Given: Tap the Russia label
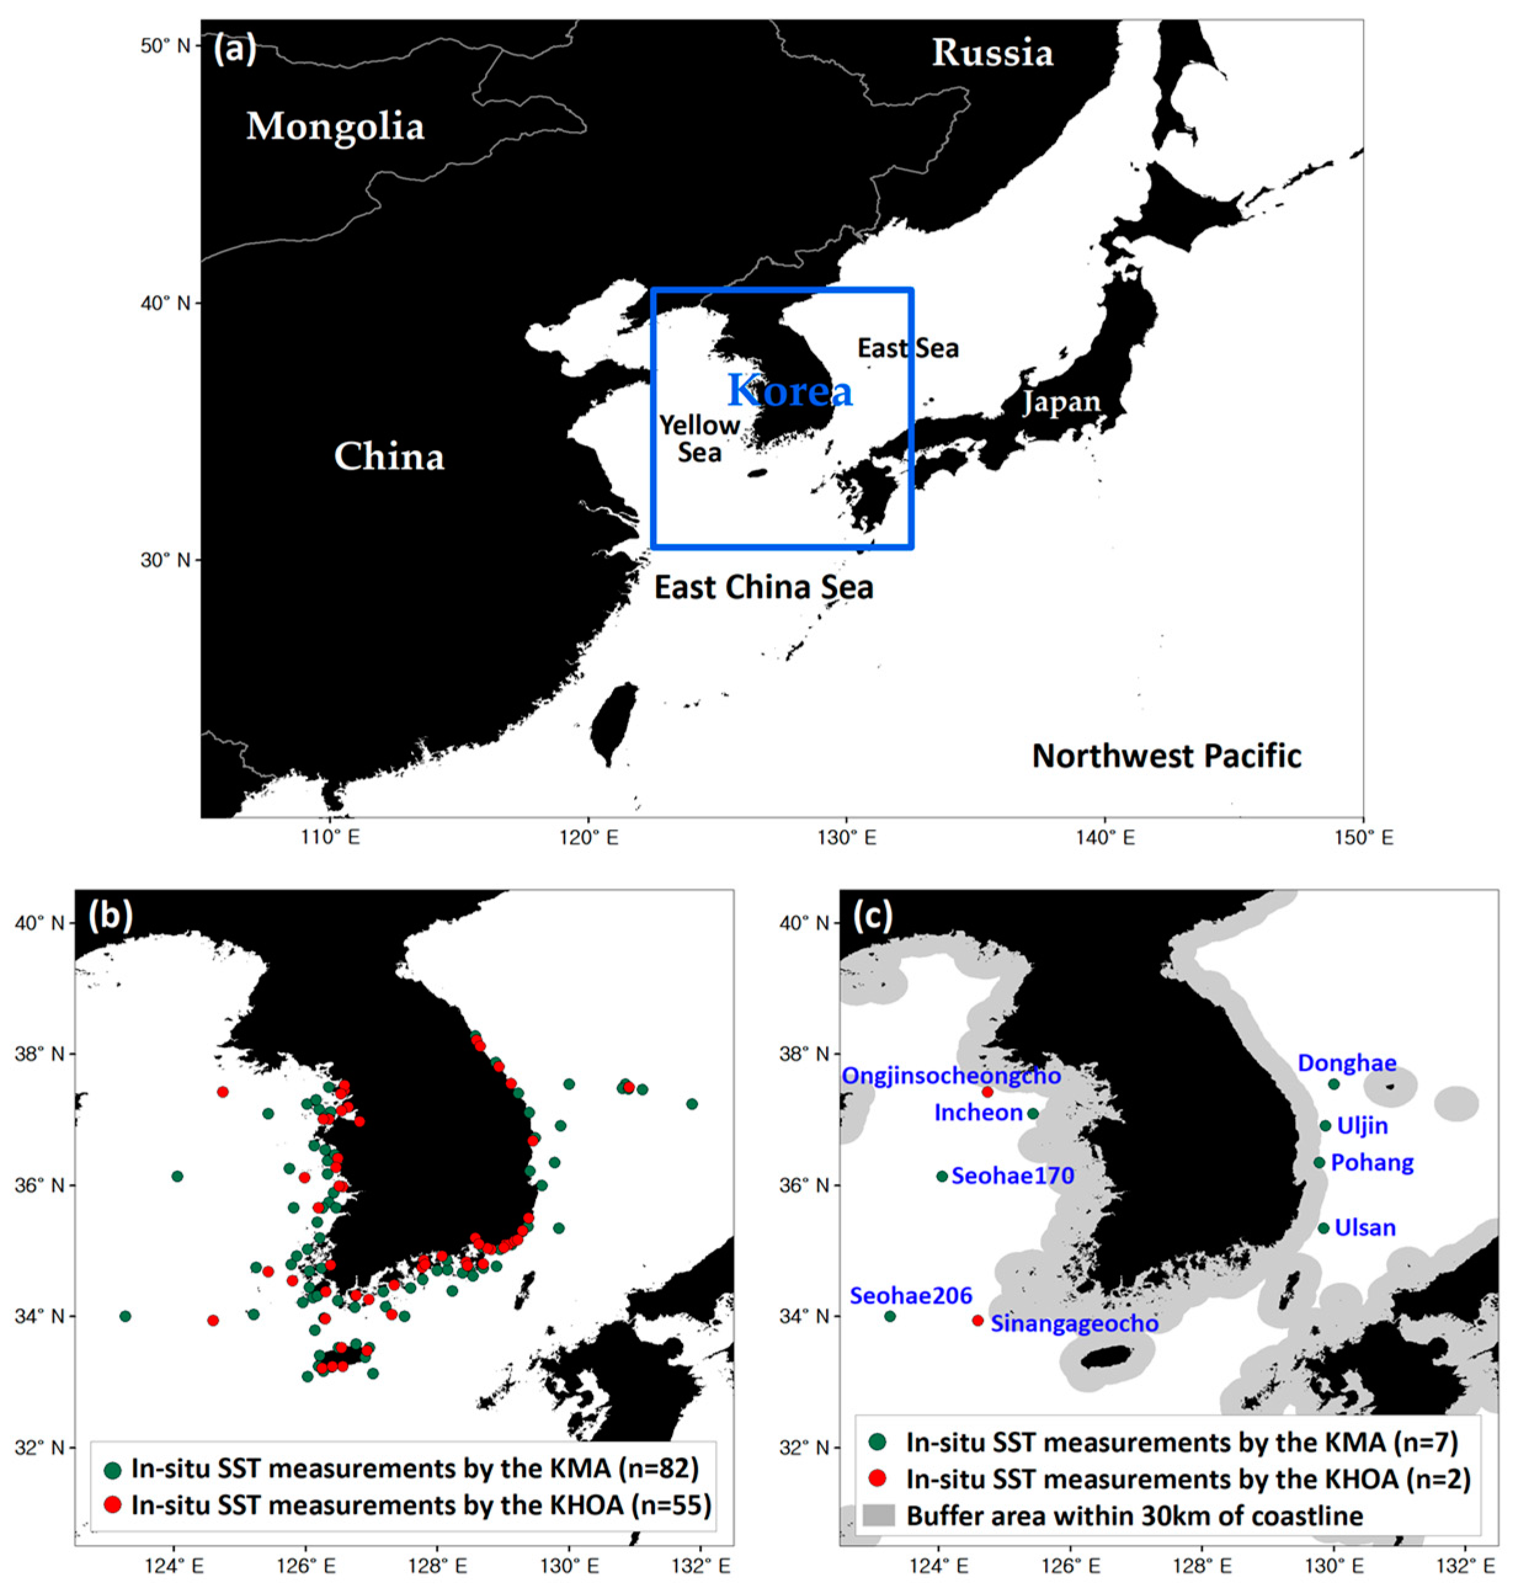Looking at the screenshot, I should point(992,54).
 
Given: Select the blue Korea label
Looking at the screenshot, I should point(790,391).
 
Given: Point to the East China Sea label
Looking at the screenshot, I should point(764,588).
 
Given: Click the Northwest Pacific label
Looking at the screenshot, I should point(1166,757).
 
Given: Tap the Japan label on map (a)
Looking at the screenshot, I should point(1061,402).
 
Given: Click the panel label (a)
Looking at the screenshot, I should point(235,50).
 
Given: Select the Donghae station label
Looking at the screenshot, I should point(1347,1063).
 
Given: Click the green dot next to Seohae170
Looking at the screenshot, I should point(941,1176).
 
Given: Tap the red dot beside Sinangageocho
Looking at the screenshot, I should point(977,1321).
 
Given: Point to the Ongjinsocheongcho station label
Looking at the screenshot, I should point(951,1076).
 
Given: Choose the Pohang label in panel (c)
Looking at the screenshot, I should point(1372,1163).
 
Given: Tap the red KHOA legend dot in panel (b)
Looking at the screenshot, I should point(113,1505).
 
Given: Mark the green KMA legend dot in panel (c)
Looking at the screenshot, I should point(877,1442).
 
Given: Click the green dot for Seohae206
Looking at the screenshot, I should point(889,1316).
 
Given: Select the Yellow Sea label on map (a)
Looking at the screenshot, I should point(699,438).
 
